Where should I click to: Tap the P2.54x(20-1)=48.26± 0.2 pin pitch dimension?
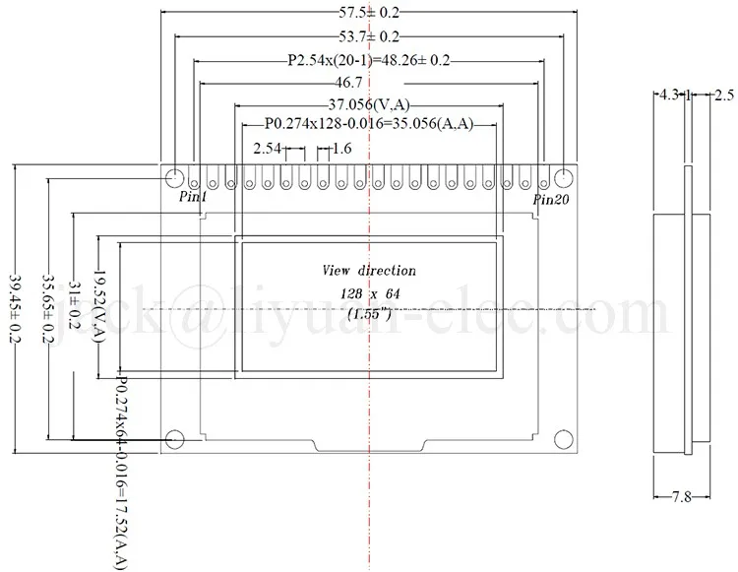click(x=368, y=61)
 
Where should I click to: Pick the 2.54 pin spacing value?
click(x=268, y=150)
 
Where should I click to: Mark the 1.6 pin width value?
click(x=341, y=150)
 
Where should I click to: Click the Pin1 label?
click(x=193, y=198)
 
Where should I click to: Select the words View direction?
click(x=369, y=271)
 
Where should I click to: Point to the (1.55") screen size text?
click(x=370, y=314)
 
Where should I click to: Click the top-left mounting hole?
click(x=174, y=178)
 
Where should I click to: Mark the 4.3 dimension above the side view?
click(x=667, y=95)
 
